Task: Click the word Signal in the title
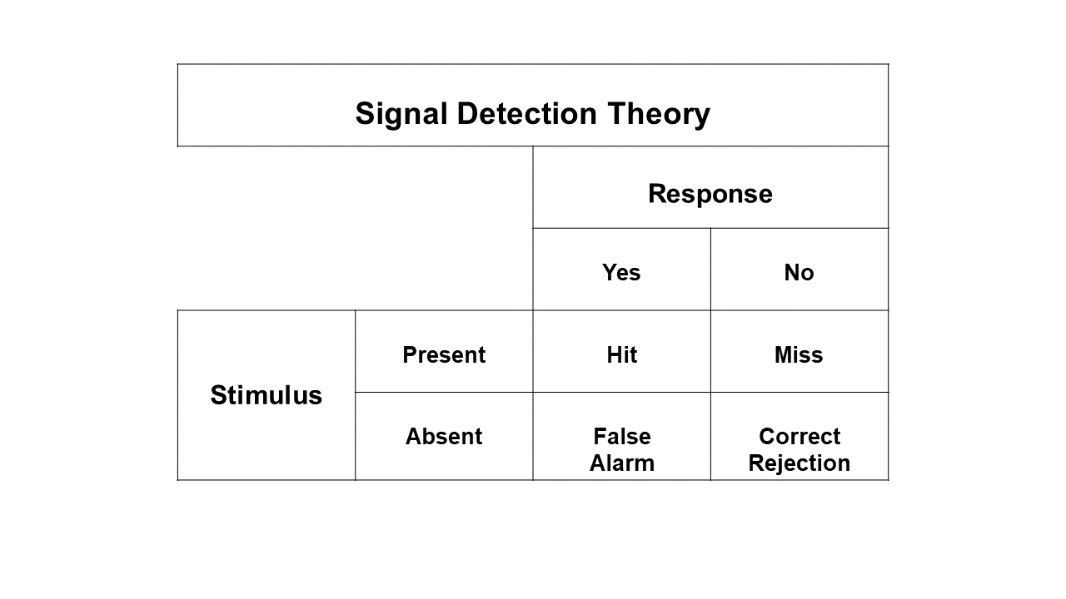pos(401,115)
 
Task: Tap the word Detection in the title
pos(527,114)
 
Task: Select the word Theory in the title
pos(659,115)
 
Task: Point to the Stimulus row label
pos(266,395)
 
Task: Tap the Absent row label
pos(444,437)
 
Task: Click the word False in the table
pos(622,437)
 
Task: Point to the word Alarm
pos(622,463)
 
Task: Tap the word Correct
pos(799,437)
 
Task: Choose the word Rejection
pos(799,463)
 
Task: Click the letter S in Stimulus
pos(218,395)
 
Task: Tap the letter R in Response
pos(658,194)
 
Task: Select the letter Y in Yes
pos(610,272)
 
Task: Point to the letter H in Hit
pos(614,354)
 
